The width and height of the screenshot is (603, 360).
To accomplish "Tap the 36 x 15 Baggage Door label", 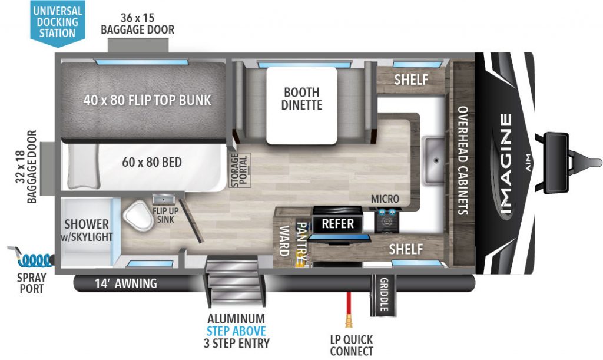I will click(x=138, y=24).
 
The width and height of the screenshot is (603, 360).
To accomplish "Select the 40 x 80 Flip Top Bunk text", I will click(x=147, y=100).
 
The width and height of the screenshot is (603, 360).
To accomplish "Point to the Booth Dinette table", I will click(x=301, y=105).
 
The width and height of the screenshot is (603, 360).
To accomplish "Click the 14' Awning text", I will click(x=126, y=283).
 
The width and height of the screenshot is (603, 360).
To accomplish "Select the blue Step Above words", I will click(x=236, y=331).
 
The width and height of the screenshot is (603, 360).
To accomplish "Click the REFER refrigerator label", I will click(x=337, y=224).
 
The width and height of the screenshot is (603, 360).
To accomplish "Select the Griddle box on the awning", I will click(x=383, y=293).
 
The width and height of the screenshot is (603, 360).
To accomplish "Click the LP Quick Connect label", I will click(x=352, y=345).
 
